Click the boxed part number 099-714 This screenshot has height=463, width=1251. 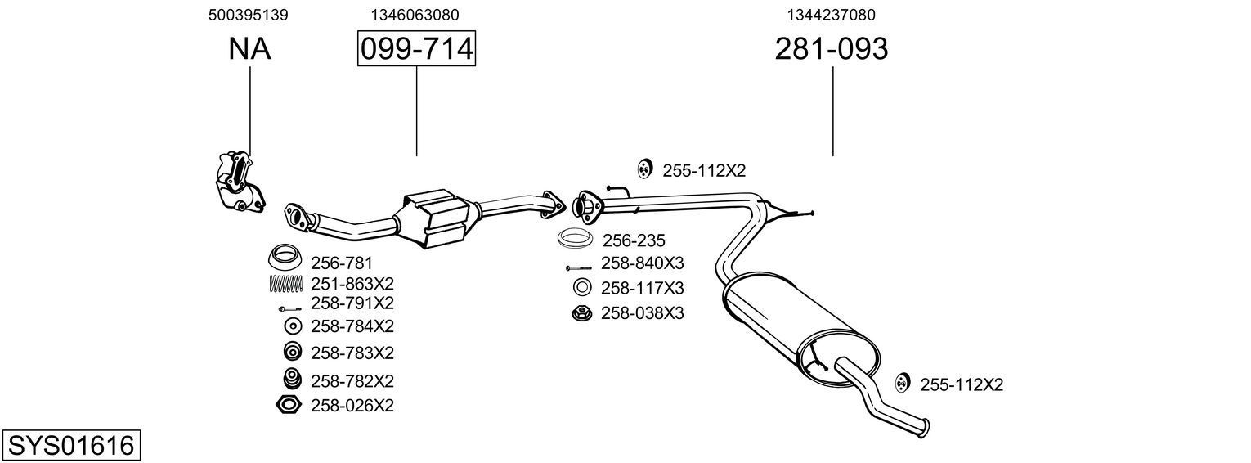(x=416, y=49)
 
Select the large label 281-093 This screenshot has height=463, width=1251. (x=831, y=49)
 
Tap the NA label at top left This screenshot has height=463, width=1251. (x=249, y=49)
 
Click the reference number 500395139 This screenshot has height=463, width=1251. (x=248, y=15)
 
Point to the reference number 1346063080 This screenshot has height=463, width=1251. (x=415, y=15)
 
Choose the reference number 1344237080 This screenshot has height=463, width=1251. (x=832, y=15)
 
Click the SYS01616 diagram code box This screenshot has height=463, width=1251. (x=70, y=446)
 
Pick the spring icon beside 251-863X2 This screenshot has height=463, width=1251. (x=285, y=284)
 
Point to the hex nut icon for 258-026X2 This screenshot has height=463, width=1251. (x=289, y=405)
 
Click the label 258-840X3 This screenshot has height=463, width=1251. (x=642, y=263)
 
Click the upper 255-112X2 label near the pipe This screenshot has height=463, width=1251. (x=704, y=171)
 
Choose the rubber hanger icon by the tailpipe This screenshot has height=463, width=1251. (x=903, y=383)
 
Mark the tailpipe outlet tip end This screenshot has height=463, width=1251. (x=926, y=427)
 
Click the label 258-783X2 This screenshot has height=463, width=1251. (x=352, y=353)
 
